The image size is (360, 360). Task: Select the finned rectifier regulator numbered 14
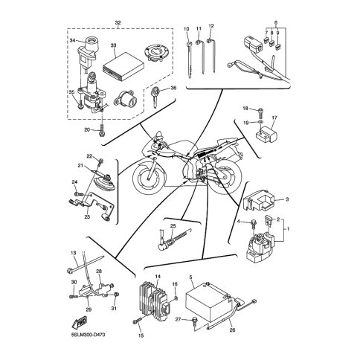tap(154, 301)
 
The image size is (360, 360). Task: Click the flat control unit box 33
tap(123, 68)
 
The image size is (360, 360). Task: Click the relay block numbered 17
tap(266, 135)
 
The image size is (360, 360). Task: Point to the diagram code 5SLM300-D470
tap(88, 335)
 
